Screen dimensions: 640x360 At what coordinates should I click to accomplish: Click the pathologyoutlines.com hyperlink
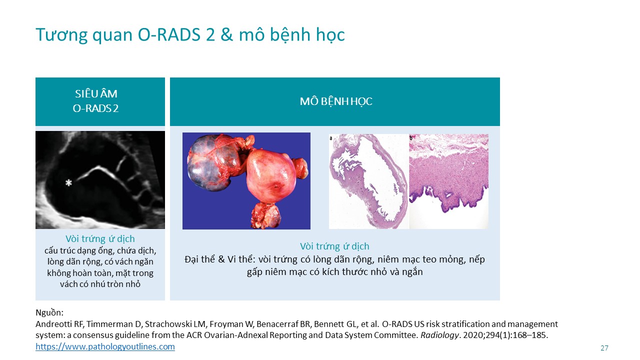click(x=105, y=346)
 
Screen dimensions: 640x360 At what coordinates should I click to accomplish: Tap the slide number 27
click(x=604, y=348)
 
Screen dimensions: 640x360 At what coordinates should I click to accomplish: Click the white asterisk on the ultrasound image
click(x=68, y=182)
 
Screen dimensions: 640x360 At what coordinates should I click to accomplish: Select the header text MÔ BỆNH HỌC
click(x=336, y=101)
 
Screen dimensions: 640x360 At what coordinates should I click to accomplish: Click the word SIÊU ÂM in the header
click(x=96, y=93)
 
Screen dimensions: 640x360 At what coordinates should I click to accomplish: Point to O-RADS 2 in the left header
click(x=95, y=108)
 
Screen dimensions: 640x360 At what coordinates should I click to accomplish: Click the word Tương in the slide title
click(x=61, y=35)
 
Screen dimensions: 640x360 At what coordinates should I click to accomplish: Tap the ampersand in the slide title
click(x=226, y=35)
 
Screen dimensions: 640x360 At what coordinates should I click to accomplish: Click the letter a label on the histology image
click(x=331, y=138)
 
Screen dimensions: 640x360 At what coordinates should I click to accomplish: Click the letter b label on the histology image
click(x=411, y=138)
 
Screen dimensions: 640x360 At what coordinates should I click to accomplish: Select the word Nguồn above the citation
click(x=48, y=312)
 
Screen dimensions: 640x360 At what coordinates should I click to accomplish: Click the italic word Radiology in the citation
click(x=439, y=335)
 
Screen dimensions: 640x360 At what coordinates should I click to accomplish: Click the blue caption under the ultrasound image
click(x=100, y=239)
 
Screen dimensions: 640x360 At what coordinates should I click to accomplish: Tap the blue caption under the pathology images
click(x=334, y=246)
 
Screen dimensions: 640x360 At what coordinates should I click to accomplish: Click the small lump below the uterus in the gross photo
click(x=265, y=215)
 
